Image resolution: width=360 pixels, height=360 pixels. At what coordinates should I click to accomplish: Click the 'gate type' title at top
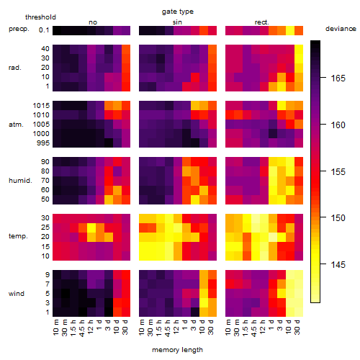178,12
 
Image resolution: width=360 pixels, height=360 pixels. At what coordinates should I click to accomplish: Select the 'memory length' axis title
177,350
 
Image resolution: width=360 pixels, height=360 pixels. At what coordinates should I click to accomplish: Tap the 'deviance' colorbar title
341,29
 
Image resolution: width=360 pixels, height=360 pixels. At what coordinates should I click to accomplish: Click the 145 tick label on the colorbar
338,264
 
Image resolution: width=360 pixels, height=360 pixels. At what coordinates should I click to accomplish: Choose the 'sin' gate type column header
177,22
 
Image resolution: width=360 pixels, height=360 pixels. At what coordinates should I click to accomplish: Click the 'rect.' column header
262,22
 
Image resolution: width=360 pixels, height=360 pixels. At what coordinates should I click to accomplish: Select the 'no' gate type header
93,22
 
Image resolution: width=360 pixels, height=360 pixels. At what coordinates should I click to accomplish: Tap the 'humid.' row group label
20,181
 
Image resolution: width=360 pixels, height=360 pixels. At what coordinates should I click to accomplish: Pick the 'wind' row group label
17,294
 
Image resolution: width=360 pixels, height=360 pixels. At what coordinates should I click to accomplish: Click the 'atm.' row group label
16,125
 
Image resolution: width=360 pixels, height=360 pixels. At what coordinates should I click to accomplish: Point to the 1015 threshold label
41,106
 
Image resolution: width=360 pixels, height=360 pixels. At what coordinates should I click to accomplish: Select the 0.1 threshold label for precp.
44,30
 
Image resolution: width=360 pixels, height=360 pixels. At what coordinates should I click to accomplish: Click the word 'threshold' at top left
40,17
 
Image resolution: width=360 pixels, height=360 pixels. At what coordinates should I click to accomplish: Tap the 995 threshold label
43,143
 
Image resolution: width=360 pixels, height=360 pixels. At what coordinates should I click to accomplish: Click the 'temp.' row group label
18,236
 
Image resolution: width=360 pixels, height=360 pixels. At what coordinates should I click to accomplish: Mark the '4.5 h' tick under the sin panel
168,328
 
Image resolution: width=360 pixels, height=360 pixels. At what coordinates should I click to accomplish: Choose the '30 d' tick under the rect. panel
297,327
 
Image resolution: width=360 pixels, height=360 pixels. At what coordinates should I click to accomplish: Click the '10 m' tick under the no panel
56,328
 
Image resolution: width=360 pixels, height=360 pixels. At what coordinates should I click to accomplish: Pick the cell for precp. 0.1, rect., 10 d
290,30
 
